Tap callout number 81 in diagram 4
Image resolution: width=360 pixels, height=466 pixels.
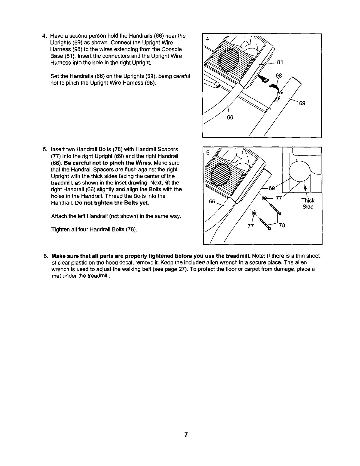280,62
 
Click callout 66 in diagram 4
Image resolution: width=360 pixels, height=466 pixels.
230,117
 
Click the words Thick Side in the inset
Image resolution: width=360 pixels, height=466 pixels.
308,204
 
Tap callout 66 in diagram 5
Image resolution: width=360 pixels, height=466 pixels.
212,201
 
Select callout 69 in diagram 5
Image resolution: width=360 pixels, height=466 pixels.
272,188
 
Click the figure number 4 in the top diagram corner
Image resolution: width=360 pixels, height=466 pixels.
207,39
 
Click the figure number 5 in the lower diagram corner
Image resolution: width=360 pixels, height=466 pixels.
208,152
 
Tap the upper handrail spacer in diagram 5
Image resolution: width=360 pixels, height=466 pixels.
265,198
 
